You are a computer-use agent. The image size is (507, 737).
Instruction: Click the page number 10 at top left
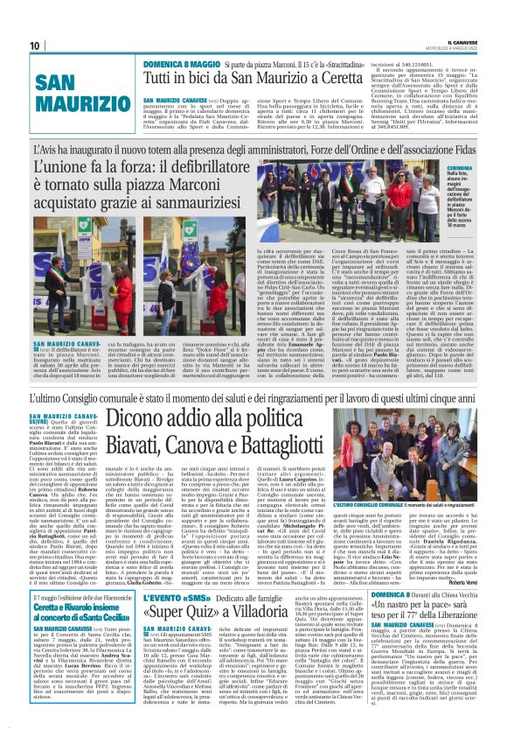tap(35, 46)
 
